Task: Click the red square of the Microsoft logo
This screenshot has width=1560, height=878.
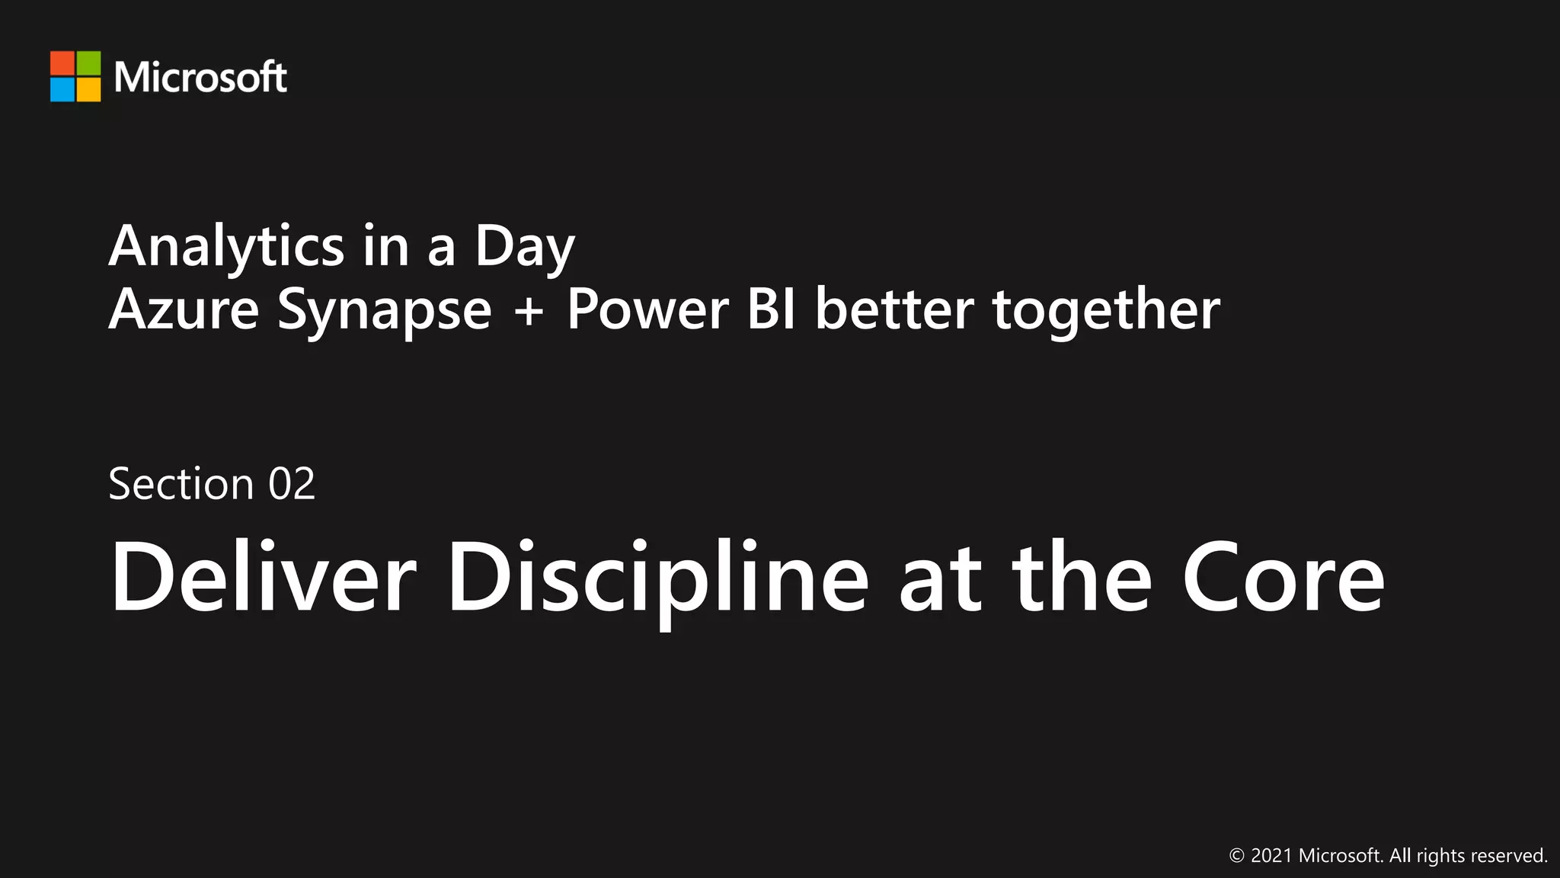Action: coord(62,63)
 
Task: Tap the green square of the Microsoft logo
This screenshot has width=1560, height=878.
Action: coord(88,63)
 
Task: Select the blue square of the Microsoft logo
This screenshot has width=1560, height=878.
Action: coord(62,89)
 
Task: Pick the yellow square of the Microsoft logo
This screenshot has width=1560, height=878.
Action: coord(88,89)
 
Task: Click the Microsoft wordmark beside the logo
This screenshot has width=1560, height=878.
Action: coord(200,77)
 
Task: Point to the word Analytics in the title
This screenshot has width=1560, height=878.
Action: coord(226,247)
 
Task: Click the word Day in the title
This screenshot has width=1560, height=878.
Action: coord(524,247)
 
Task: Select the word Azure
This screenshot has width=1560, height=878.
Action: coord(184,309)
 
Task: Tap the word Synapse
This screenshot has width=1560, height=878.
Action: coord(384,311)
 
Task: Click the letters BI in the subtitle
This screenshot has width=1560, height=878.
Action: coord(771,309)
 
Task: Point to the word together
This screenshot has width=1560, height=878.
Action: coord(1106,311)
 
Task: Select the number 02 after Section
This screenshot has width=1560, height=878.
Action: coord(291,484)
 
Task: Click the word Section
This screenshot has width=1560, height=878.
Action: coord(181,484)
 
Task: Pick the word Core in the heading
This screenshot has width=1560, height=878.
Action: coord(1283,578)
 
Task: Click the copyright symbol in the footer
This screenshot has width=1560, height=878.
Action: coord(1237,856)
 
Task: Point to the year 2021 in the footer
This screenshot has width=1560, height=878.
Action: coord(1271,856)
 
